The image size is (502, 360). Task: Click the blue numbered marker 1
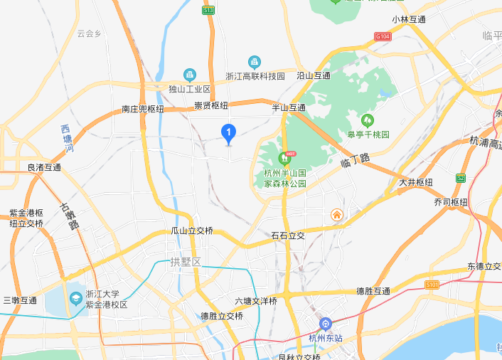tap(228, 132)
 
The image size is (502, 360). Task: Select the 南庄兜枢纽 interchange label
tap(142, 110)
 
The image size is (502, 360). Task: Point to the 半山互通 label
tap(289, 107)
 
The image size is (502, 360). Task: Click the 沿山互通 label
tap(313, 75)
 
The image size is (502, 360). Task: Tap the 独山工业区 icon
tap(189, 74)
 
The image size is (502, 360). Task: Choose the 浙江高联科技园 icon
tap(254, 62)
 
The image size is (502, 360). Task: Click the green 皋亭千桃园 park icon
tap(368, 120)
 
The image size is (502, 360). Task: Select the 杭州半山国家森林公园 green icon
tap(284, 157)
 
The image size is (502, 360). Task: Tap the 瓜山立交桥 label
tap(192, 231)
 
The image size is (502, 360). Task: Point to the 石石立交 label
tap(287, 235)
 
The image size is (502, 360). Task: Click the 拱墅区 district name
tap(186, 263)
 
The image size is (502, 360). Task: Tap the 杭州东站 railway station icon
tap(325, 324)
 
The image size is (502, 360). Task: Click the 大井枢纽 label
tap(415, 182)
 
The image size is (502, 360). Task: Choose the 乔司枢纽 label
tap(451, 202)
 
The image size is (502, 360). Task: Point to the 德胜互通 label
tap(373, 291)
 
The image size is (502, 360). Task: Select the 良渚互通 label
tap(44, 168)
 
